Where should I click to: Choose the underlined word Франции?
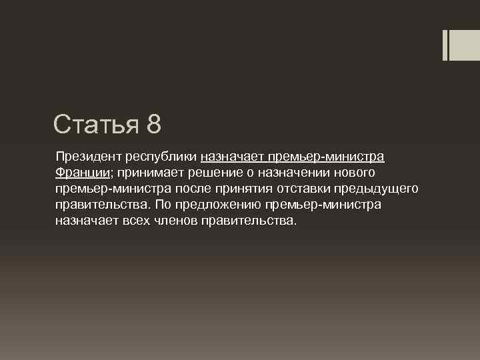[x=82, y=173]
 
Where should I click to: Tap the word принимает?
[x=147, y=173]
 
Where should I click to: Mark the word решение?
[x=213, y=173]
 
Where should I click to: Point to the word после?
[x=193, y=189]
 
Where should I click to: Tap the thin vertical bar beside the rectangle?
[x=445, y=45]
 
